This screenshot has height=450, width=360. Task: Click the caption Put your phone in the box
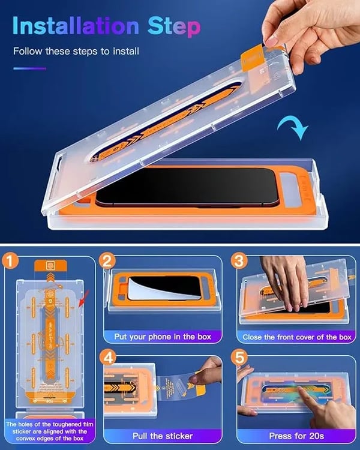(161, 337)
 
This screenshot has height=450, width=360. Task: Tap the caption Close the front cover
(296, 337)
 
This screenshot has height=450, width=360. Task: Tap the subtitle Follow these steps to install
(76, 52)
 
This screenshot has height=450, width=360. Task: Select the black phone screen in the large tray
(198, 189)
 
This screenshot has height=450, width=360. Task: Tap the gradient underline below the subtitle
(29, 68)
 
